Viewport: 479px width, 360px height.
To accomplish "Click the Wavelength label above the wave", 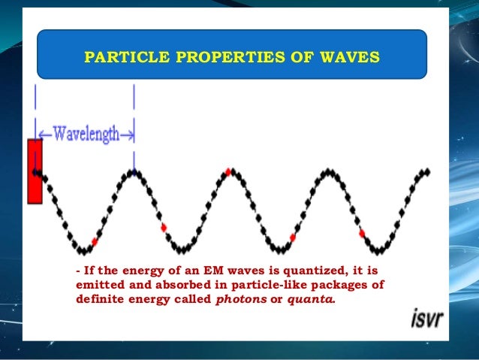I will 86,135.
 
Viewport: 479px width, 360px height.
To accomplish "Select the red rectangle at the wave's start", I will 34,171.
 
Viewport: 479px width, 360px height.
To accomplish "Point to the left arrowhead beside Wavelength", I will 42,136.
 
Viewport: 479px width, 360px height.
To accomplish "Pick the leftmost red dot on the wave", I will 94,241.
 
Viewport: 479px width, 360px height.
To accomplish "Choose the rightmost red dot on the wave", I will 362,234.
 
